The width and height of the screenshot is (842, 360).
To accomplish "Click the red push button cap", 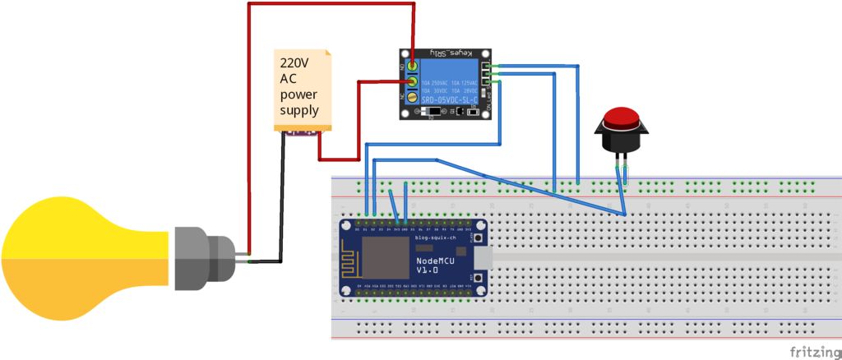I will click(x=621, y=116).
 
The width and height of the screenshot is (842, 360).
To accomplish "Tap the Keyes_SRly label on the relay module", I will click(x=453, y=52).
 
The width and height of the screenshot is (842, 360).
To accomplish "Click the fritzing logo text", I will click(x=814, y=351).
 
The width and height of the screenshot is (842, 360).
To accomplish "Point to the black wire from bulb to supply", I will click(x=280, y=205).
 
